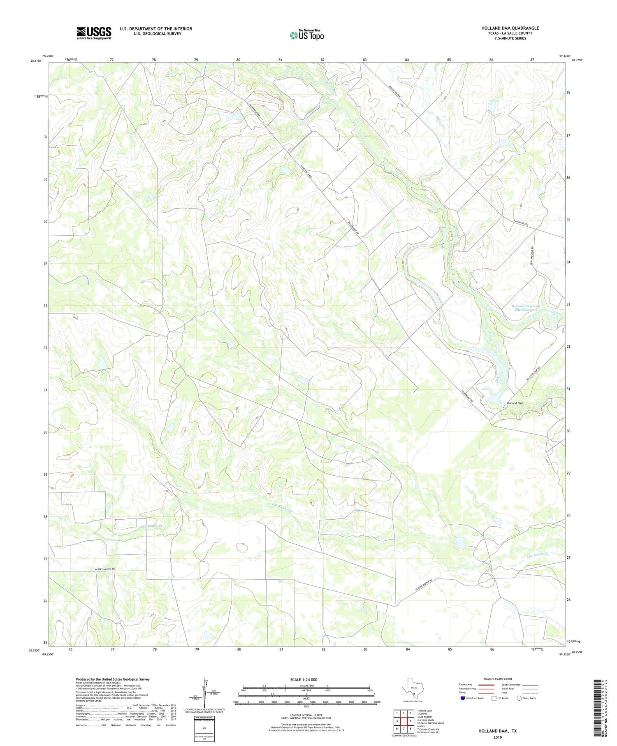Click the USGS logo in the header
(x=94, y=33)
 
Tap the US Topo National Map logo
(x=307, y=35)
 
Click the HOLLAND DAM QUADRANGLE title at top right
(x=510, y=28)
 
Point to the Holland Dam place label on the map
(x=515, y=403)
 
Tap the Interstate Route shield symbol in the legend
(x=462, y=698)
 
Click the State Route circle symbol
(x=519, y=698)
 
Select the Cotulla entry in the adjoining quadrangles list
(x=425, y=713)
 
